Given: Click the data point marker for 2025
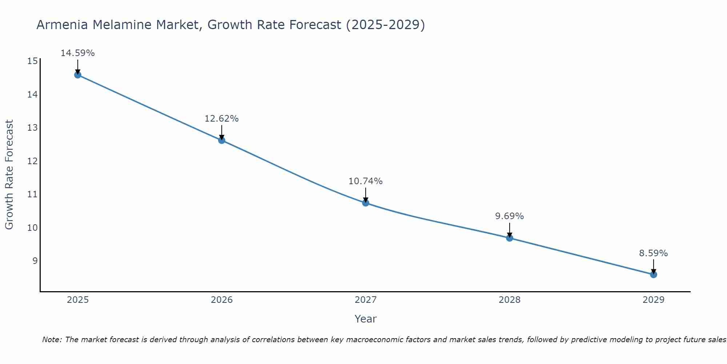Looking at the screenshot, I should [x=77, y=75].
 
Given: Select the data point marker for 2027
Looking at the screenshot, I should [x=365, y=203].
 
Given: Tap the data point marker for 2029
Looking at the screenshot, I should [x=653, y=274].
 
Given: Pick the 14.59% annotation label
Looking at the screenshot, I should [x=77, y=53].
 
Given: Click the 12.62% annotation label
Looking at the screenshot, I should [x=221, y=119].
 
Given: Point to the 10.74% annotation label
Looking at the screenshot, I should [x=365, y=181].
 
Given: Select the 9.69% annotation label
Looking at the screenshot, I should [x=509, y=216].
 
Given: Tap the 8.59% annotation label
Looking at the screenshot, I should [x=653, y=253].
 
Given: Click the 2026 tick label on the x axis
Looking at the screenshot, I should [x=222, y=300].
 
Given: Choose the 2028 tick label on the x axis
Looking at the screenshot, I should [x=509, y=300].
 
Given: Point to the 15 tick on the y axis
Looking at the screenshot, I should [x=32, y=61].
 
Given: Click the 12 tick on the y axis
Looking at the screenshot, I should [x=32, y=161].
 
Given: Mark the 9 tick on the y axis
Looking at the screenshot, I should [x=35, y=261].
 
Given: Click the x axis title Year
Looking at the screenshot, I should [x=365, y=319].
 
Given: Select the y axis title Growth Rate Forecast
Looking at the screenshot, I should [x=9, y=175].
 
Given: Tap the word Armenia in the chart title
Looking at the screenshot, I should [x=62, y=25].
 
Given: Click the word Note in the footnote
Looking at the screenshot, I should [x=52, y=340].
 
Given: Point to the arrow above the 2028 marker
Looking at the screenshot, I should [x=509, y=230].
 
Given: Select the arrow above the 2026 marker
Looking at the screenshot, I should [x=221, y=132].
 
